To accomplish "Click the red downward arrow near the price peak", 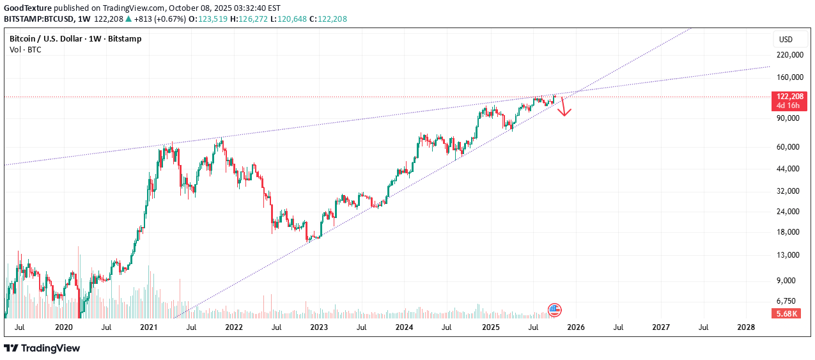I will click(x=564, y=107).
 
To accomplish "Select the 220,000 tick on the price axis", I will click(x=789, y=55).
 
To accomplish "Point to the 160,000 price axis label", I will click(x=789, y=78).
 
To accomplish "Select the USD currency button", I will click(x=786, y=40).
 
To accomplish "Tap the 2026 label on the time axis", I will click(x=575, y=327).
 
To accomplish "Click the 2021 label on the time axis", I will click(x=148, y=327).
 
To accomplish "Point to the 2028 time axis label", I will click(x=746, y=327).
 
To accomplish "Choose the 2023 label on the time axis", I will click(x=319, y=327).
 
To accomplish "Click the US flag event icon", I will click(x=554, y=310).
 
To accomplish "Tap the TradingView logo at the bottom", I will click(x=42, y=348).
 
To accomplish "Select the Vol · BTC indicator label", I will click(x=26, y=49).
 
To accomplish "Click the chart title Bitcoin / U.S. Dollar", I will click(x=47, y=39).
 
